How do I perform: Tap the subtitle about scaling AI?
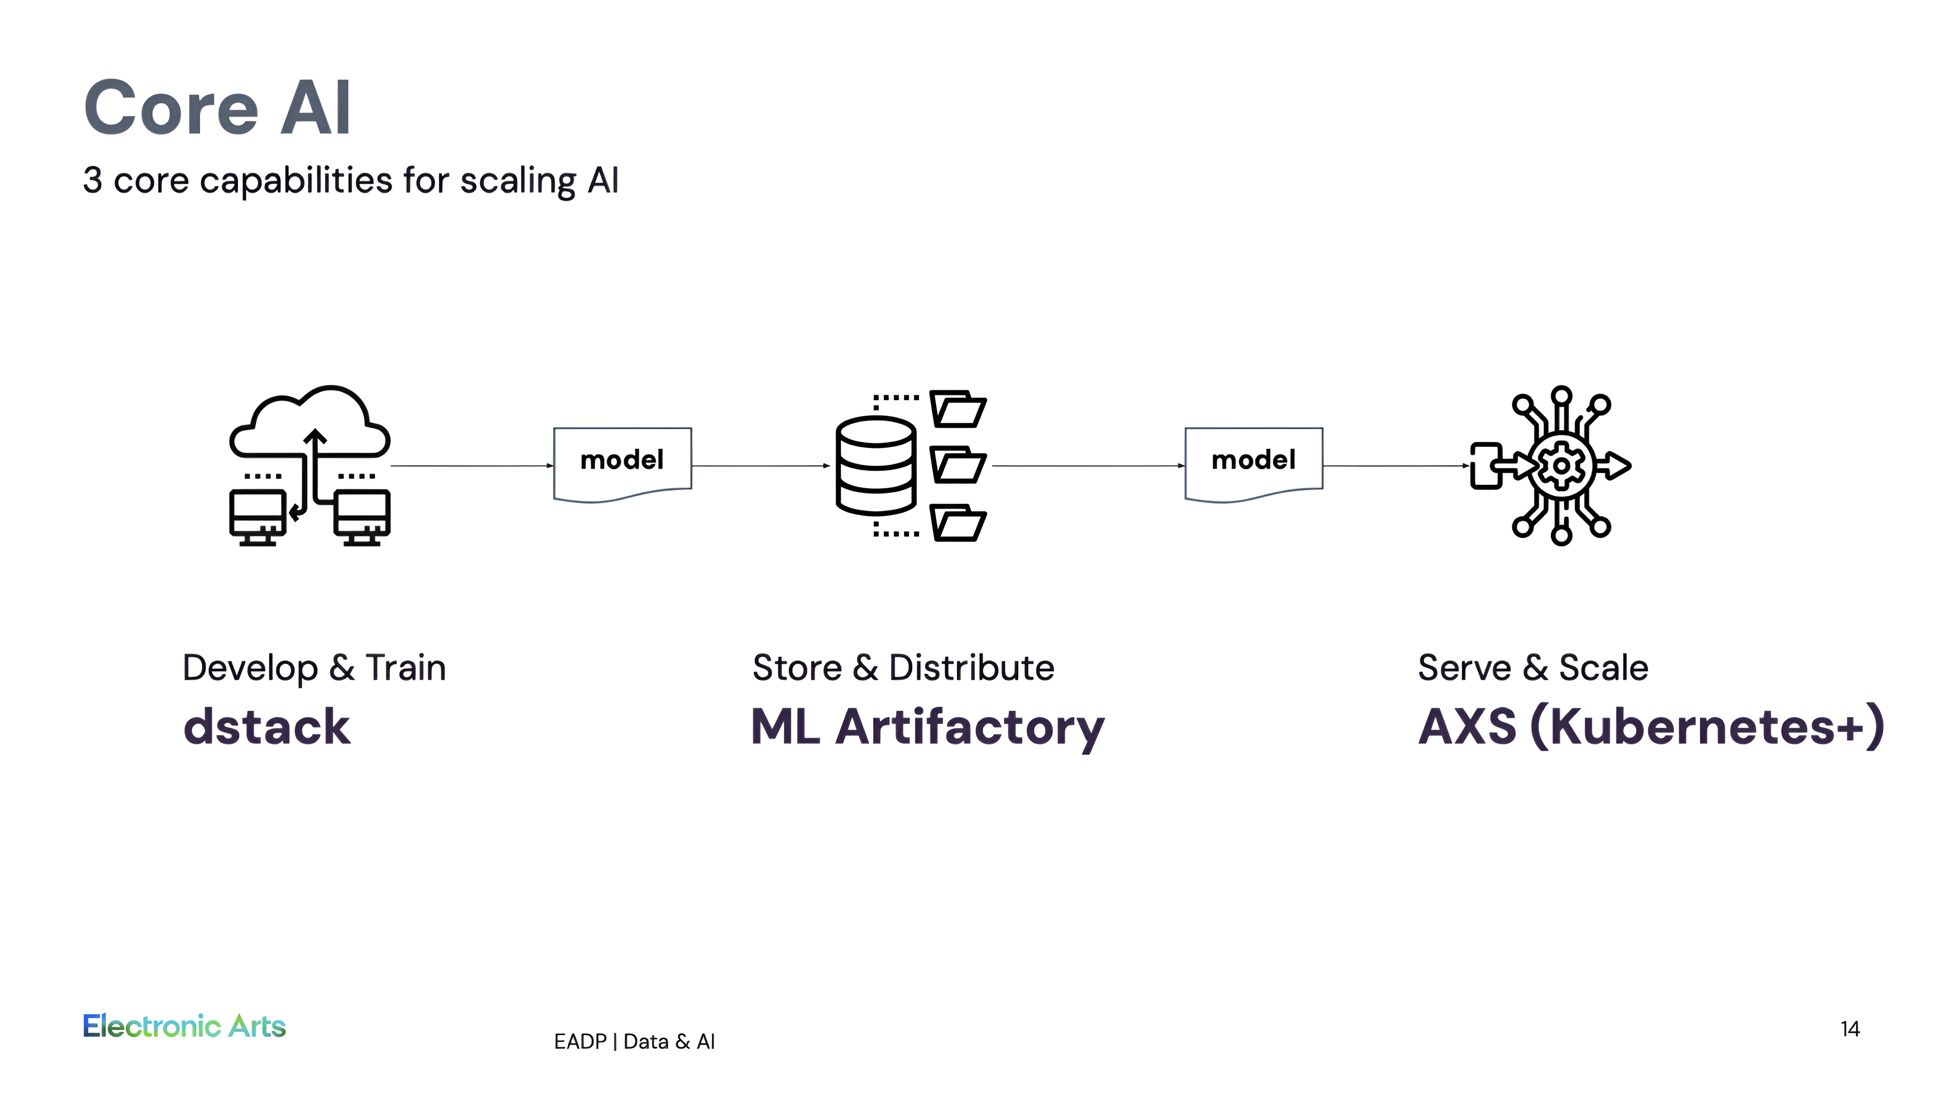351,181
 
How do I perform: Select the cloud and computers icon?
310,465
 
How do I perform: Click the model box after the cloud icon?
622,463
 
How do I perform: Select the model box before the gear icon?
1254,463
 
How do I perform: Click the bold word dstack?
267,727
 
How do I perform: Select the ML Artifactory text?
928,727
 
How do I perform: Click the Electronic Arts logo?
184,1026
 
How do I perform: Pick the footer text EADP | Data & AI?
635,1042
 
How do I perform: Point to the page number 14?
1850,1029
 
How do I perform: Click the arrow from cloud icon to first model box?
472,466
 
